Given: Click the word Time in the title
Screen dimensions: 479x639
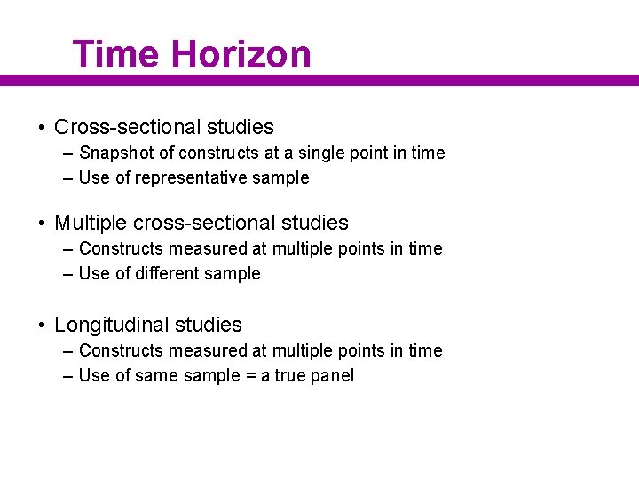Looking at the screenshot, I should [x=116, y=54].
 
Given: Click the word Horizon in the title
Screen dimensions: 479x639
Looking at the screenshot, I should [x=241, y=54].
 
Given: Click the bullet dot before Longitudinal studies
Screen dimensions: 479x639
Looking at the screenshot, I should [x=43, y=326].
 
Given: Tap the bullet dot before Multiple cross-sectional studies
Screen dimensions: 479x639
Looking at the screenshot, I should [x=43, y=223].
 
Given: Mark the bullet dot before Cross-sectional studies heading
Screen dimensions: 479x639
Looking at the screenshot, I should [x=43, y=128].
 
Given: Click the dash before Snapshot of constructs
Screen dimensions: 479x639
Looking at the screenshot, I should [x=68, y=153].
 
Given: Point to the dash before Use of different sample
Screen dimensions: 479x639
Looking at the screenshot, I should [x=68, y=274].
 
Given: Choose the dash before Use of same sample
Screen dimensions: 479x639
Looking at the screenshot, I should [x=68, y=376].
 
